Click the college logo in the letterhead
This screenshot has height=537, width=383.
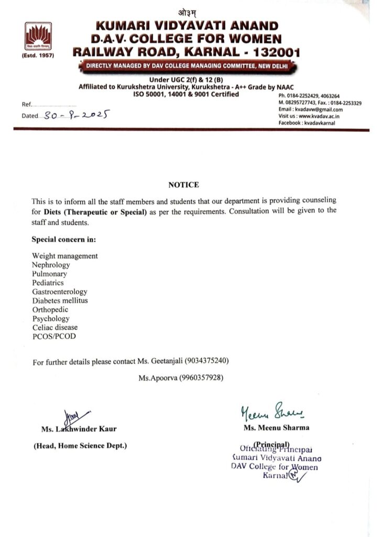[x=39, y=36]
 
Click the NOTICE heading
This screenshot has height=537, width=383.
[x=183, y=185]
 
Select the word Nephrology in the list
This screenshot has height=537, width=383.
[x=51, y=265]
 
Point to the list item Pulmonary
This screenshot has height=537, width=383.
[x=49, y=274]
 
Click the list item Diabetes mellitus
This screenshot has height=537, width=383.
[x=60, y=300]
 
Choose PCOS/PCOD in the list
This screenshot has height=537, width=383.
[x=54, y=336]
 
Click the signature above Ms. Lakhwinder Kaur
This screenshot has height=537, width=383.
[x=73, y=416]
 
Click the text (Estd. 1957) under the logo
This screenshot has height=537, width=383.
[x=38, y=55]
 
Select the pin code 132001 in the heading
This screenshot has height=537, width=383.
[x=269, y=52]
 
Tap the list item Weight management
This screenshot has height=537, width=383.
[x=65, y=256]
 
